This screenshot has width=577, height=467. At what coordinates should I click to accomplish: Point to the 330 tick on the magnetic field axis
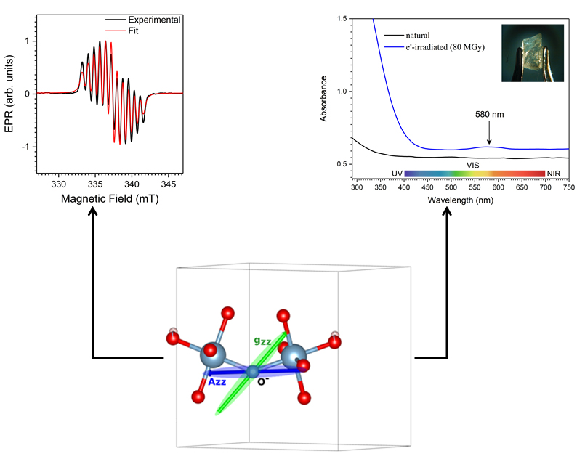pyautogui.click(x=59, y=184)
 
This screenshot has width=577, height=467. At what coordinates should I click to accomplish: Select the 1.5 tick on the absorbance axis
pyautogui.click(x=339, y=18)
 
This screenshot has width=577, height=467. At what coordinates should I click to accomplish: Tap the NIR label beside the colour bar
pyautogui.click(x=554, y=174)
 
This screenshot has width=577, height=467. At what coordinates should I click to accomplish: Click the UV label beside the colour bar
pyautogui.click(x=397, y=174)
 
